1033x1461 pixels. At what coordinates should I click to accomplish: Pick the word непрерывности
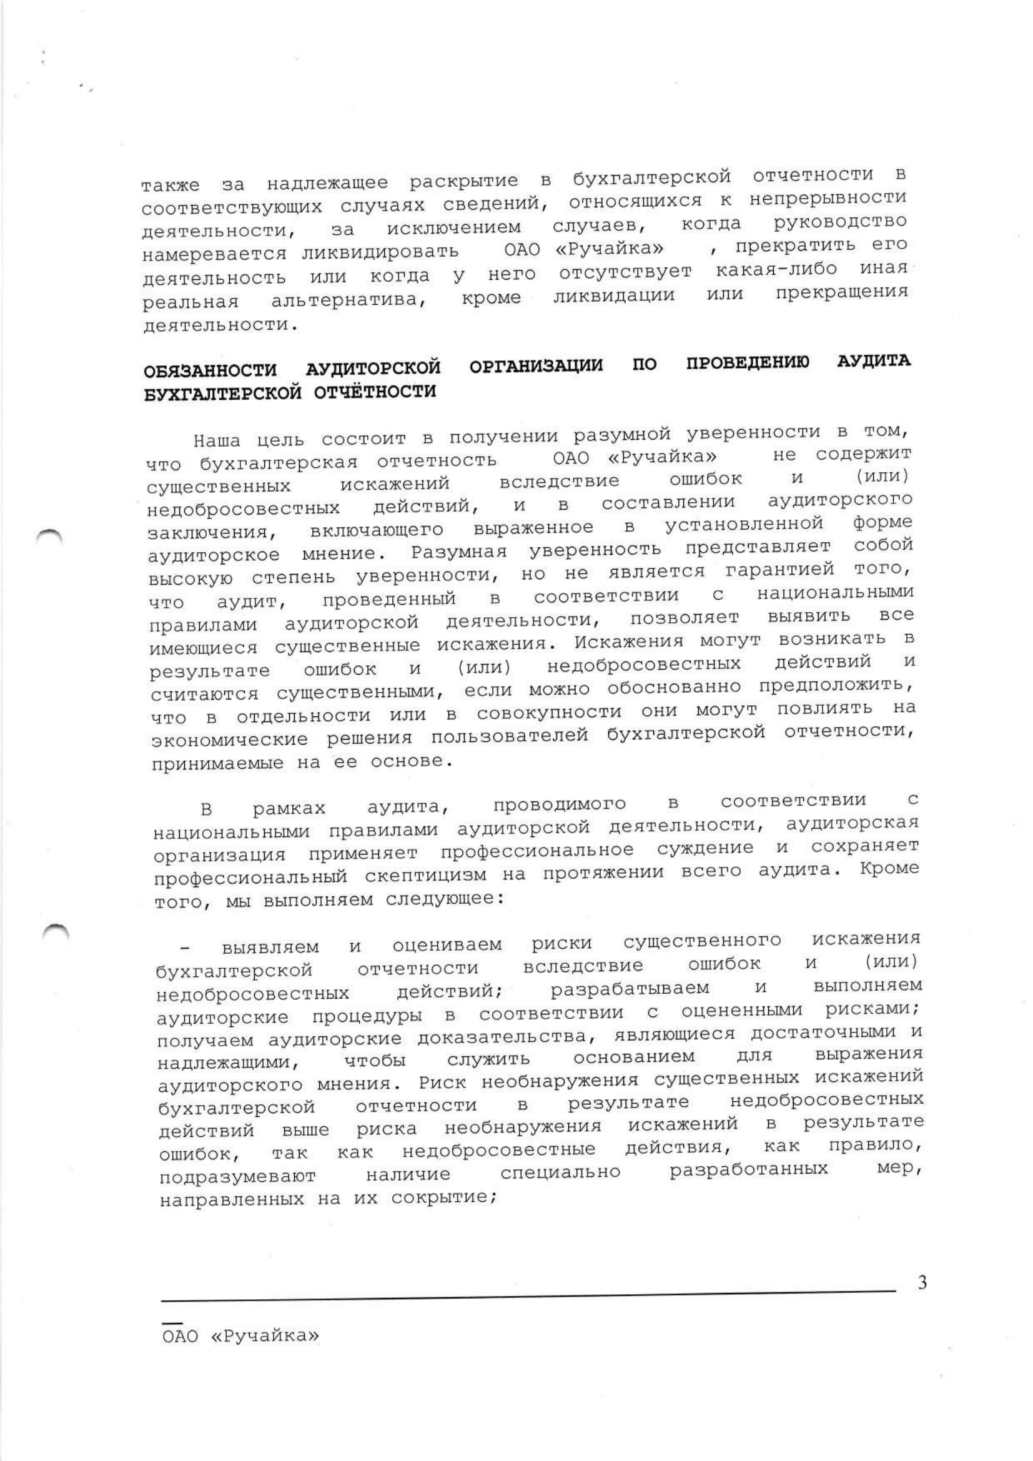[828, 198]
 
